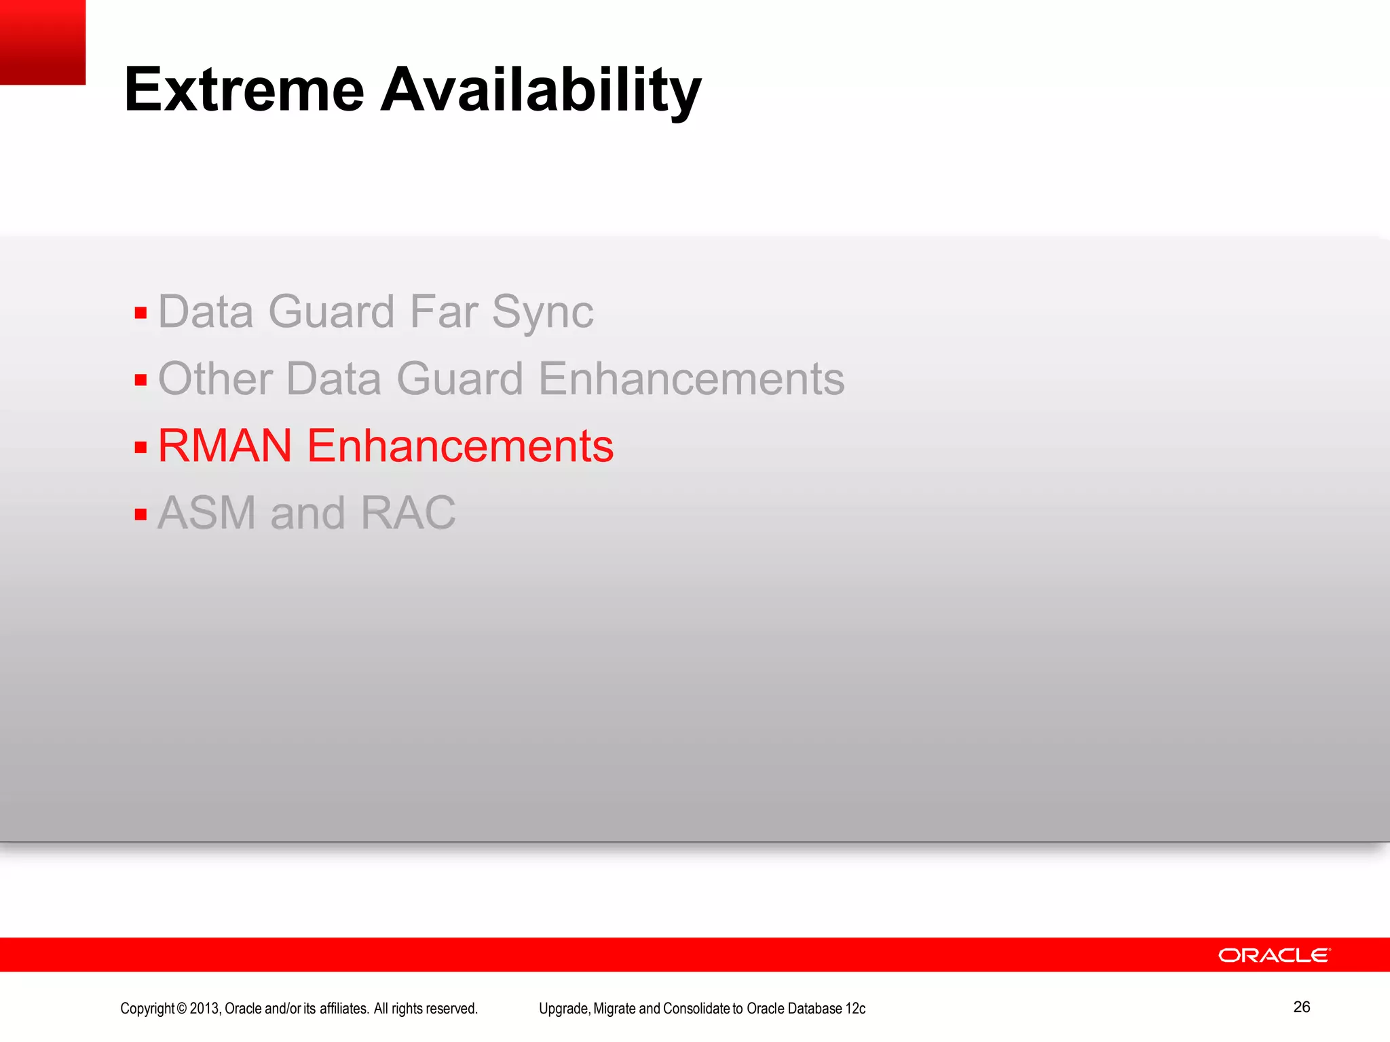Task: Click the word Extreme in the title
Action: coord(244,90)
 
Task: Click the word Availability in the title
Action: coord(541,90)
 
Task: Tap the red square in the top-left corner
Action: coord(42,42)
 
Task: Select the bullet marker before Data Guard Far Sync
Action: coord(140,313)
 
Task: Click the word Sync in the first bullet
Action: coord(542,313)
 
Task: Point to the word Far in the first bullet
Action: coord(443,312)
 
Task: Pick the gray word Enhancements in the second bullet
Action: coord(691,379)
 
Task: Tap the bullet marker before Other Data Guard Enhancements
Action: coord(140,380)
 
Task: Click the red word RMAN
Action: coord(225,446)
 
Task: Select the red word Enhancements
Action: coord(460,446)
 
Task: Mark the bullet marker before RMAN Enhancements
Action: coord(140,447)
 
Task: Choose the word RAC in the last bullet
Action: coord(408,513)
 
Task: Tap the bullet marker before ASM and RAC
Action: coord(140,514)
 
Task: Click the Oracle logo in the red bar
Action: coord(1274,955)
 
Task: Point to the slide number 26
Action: coord(1301,1007)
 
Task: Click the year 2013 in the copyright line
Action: coord(204,1009)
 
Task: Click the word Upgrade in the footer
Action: coord(564,1009)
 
